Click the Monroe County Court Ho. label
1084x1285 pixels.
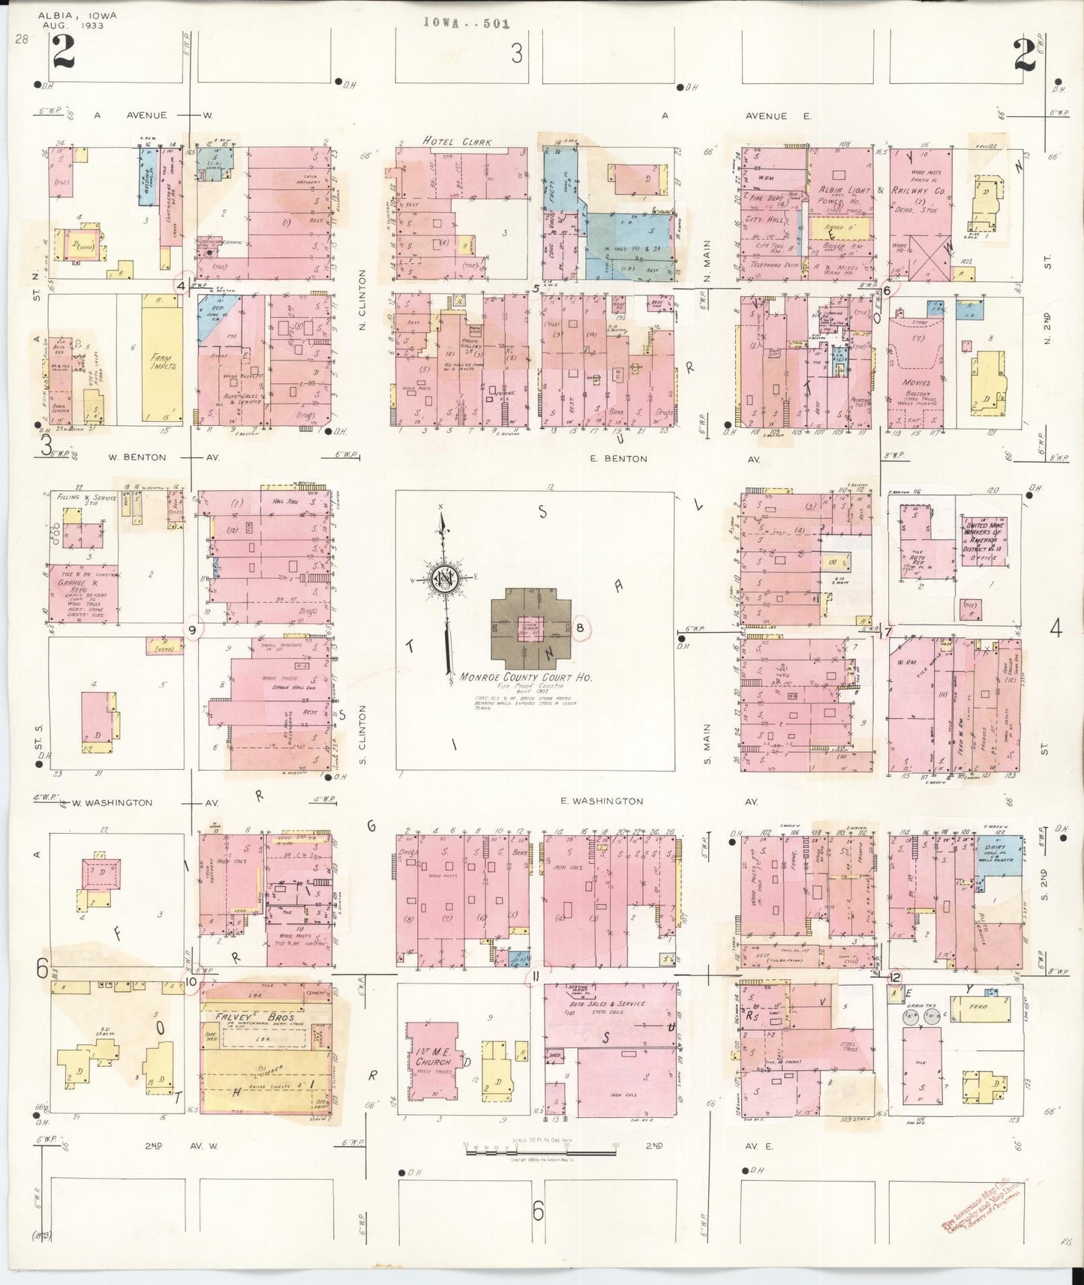[526, 677]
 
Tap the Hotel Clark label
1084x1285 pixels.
[451, 140]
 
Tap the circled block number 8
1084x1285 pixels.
[580, 628]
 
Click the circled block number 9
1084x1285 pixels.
[192, 630]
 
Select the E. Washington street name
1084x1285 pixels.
[602, 801]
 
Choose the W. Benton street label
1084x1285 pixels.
[137, 457]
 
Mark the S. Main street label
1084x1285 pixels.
[707, 739]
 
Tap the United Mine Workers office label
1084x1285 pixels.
[985, 541]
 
